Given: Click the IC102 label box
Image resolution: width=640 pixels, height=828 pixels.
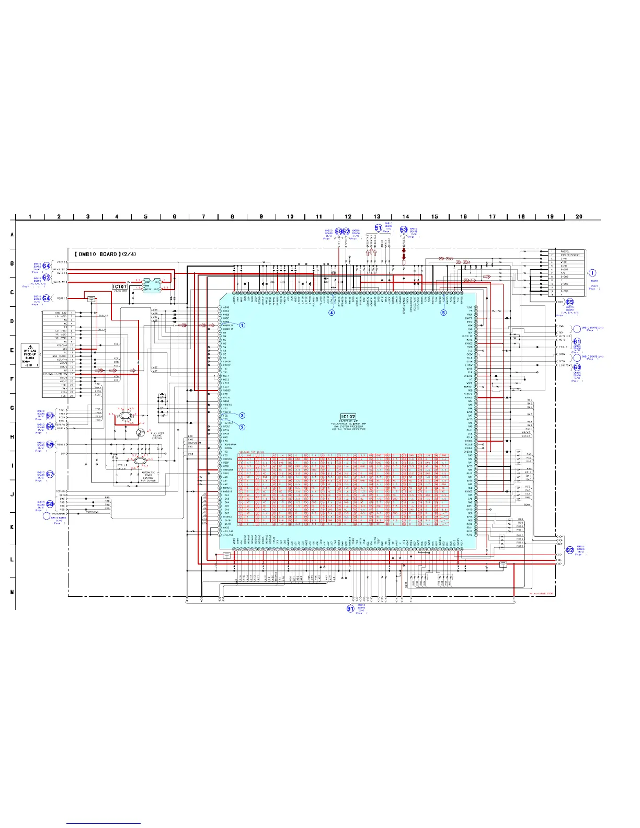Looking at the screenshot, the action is click(348, 417).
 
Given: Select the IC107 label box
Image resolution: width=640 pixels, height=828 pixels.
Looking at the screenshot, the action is click(120, 286).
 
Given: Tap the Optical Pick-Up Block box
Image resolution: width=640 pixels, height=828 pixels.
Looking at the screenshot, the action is click(30, 356).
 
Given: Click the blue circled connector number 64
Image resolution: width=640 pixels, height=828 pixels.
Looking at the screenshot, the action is click(47, 266).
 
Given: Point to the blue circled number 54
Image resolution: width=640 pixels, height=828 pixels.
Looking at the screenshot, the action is click(47, 298).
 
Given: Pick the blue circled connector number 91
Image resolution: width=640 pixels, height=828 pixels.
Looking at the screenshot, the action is click(350, 608).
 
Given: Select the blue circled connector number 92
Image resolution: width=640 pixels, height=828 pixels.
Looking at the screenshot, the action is click(570, 550).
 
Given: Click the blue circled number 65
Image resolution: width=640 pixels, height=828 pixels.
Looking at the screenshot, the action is click(569, 302).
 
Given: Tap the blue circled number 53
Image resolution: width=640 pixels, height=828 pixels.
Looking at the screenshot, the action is click(404, 229).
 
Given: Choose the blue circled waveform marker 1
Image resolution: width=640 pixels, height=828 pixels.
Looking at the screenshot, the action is click(242, 325).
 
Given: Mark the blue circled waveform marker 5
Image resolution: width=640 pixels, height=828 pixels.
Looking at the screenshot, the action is click(443, 313).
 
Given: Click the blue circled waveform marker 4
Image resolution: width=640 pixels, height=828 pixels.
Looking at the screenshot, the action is click(332, 313).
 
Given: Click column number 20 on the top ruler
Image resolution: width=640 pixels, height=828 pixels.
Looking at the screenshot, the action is click(579, 216).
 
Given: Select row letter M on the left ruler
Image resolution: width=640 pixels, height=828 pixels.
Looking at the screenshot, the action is click(12, 592).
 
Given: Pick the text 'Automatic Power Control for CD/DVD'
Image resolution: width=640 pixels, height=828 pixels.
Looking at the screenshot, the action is click(148, 476).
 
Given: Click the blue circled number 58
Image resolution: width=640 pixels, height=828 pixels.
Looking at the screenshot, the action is click(50, 504).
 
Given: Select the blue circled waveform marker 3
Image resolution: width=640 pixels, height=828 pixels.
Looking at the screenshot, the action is click(242, 416).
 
